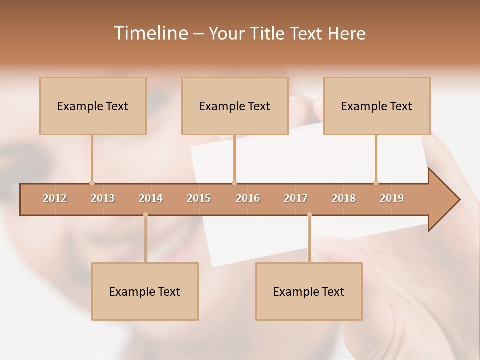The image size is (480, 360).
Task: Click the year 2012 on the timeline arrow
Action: coord(55,198)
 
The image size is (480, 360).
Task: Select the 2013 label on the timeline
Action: coord(103,198)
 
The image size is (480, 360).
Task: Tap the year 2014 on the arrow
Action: coord(151,198)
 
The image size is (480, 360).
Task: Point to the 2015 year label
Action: coord(199,198)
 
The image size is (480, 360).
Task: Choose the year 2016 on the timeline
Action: coord(248,198)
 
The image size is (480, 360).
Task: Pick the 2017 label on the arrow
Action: coord(296,198)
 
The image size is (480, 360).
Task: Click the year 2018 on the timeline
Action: coord(344,198)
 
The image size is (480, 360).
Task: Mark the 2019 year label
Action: coord(392,198)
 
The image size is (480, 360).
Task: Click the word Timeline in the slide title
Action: coord(150,33)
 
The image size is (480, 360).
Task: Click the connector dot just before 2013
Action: coord(92,183)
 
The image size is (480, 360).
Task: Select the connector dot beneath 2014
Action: coord(145,215)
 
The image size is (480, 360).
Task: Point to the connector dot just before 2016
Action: coord(234,183)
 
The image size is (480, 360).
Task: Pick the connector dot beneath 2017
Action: coord(309,215)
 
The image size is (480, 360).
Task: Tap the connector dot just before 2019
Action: coord(376,183)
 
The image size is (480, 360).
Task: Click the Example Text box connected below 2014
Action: coord(145,291)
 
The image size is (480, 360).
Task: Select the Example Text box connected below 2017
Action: coord(309,291)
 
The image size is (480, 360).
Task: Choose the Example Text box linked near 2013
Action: coord(93,106)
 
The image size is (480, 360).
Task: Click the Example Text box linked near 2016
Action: coord(235,106)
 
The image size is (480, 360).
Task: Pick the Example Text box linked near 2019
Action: coord(377,106)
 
